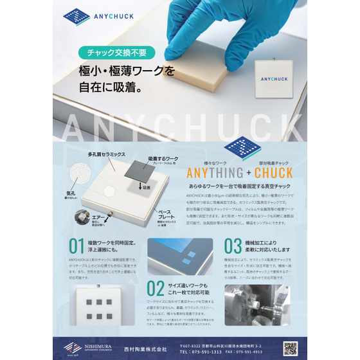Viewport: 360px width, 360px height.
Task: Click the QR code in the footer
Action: pos(291,348)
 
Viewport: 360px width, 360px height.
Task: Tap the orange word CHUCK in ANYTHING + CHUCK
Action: pos(274,173)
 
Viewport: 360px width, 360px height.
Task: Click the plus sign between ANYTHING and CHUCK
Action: pos(248,173)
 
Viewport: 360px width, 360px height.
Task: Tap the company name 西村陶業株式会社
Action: pos(148,349)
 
